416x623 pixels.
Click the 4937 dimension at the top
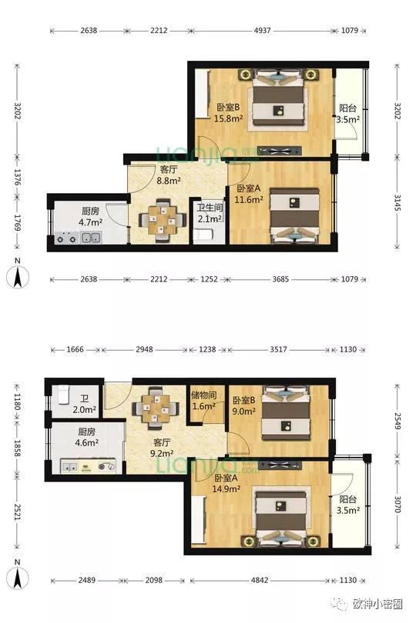[263, 30]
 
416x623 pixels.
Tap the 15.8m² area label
[229, 118]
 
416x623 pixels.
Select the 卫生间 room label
[210, 208]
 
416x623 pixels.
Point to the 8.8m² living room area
[169, 181]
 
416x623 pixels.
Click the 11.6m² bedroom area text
[248, 199]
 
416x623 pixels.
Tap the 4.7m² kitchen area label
[90, 222]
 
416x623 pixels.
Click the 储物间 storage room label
[203, 395]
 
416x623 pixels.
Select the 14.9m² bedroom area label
[226, 488]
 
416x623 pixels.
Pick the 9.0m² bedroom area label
[243, 411]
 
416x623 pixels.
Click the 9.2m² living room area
[161, 453]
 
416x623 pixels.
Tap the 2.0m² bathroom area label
[85, 410]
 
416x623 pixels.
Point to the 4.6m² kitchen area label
[86, 442]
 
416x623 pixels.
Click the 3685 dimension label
[280, 279]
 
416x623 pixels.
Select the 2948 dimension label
[144, 350]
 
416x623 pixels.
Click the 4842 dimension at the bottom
[260, 580]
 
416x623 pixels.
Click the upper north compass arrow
[18, 277]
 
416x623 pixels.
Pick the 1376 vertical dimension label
[17, 177]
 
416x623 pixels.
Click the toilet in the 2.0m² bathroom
[64, 394]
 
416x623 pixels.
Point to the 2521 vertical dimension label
[17, 512]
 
